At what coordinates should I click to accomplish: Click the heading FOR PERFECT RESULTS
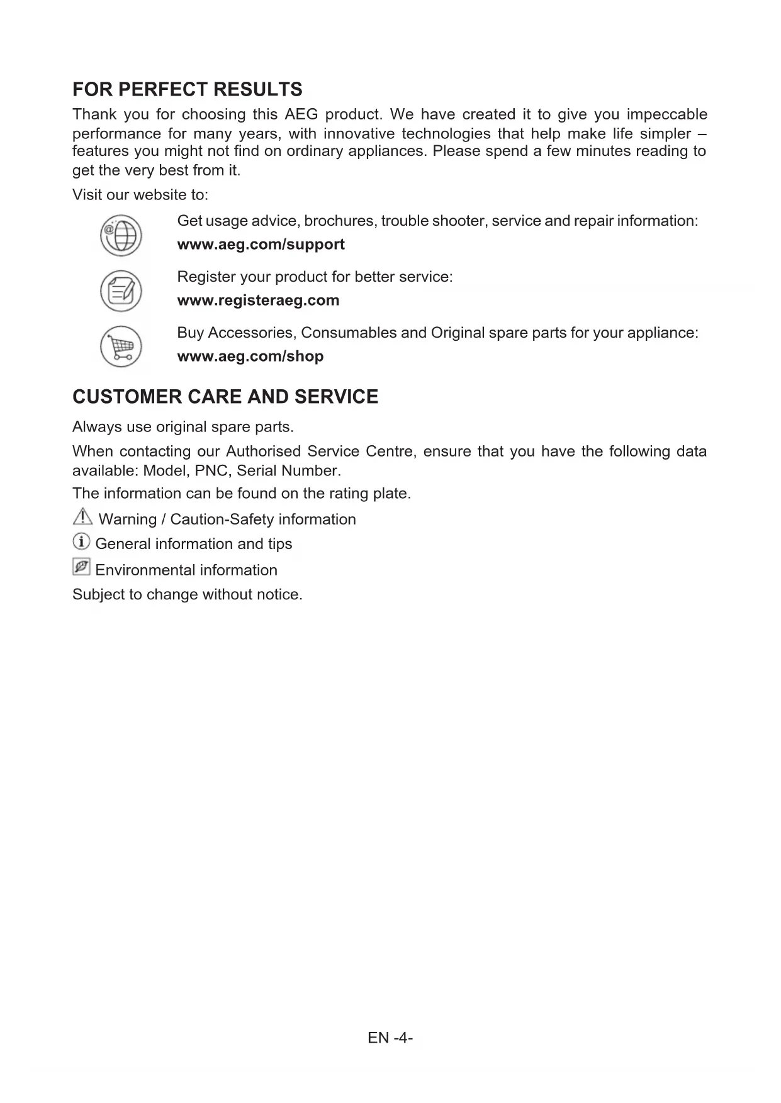coord(188,89)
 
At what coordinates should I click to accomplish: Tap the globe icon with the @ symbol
coord(121,236)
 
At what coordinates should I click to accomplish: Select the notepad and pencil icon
coord(121,291)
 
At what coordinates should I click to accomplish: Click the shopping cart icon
coord(121,346)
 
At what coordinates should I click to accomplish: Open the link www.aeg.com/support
coord(261,245)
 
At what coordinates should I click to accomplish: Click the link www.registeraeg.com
coord(258,301)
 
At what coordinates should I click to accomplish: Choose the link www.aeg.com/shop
coord(250,357)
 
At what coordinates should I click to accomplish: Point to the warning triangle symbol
coord(82,517)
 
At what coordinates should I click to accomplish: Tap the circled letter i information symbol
coord(81,541)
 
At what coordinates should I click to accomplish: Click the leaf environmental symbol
coord(81,567)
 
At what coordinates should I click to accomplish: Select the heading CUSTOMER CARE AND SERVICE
coord(225,397)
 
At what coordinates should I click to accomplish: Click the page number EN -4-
coord(390,1038)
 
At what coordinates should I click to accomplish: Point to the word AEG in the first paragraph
coord(301,114)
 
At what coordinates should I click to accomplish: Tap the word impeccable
coord(666,114)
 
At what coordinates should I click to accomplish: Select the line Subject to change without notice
coord(188,595)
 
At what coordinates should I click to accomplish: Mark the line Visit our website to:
coord(140,195)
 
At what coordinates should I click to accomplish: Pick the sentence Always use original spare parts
coord(183,428)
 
